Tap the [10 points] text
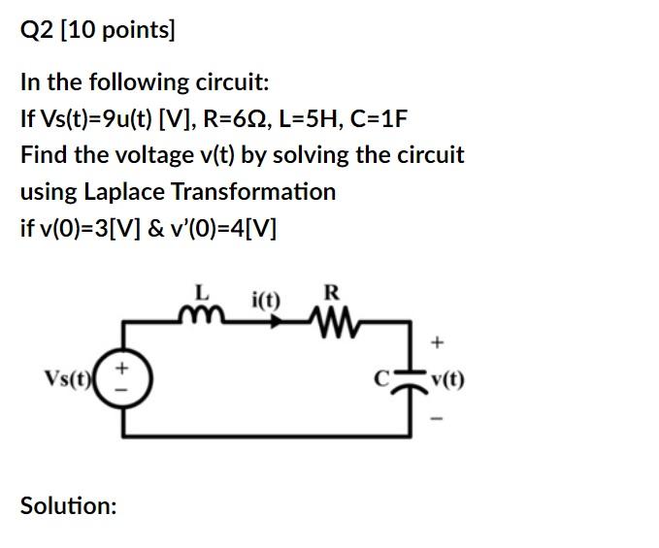pyautogui.click(x=117, y=31)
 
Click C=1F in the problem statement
pyautogui.click(x=382, y=118)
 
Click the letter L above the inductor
pyautogui.click(x=202, y=290)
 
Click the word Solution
pyautogui.click(x=68, y=505)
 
